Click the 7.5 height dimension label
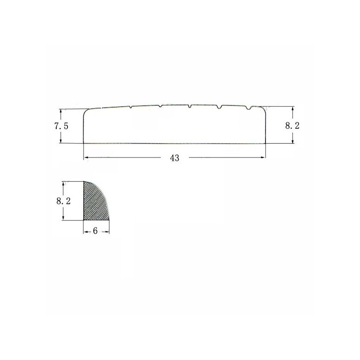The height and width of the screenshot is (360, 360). coord(61,126)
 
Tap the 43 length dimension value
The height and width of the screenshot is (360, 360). coord(175,158)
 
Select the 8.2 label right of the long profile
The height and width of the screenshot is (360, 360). coord(292,126)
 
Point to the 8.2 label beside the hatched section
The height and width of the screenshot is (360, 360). coord(63,201)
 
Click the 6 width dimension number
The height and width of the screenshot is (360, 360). coord(95,231)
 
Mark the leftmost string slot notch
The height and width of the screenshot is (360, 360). coord(130,107)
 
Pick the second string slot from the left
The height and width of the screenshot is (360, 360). coord(160,106)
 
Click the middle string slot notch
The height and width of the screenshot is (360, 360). coord(189,106)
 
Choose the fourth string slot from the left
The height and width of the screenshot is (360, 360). coord(220,107)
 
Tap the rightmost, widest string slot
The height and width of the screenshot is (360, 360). coord(249,108)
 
